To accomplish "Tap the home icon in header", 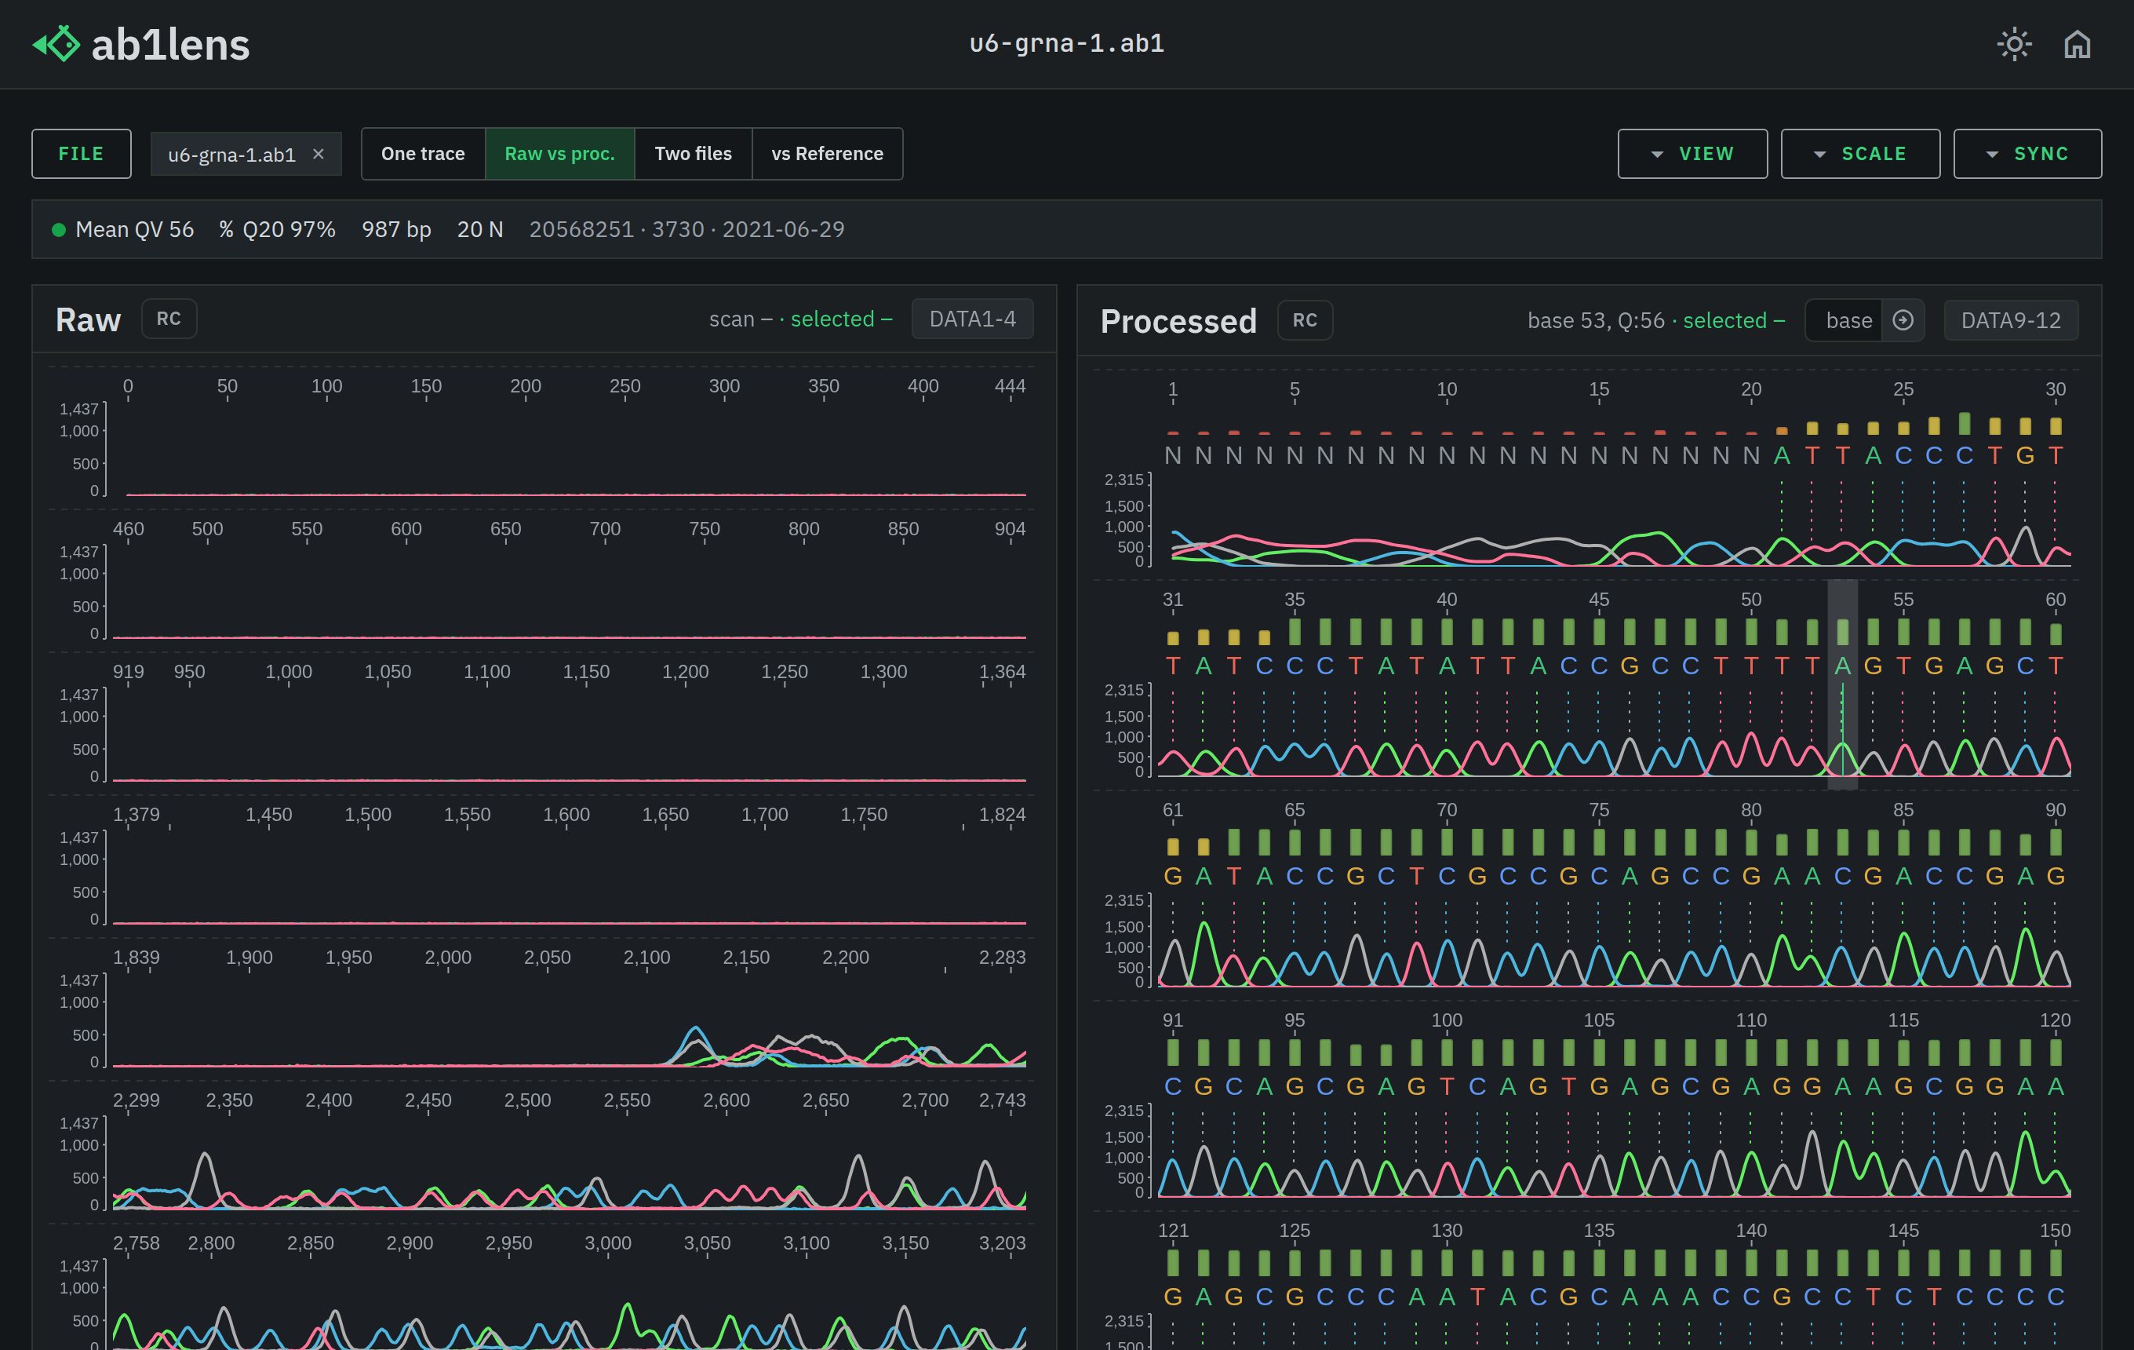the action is (2078, 43).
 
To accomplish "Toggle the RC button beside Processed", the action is (1305, 320).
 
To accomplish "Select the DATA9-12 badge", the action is (2011, 320).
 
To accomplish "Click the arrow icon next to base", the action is (1903, 320).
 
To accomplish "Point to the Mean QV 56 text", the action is (135, 230).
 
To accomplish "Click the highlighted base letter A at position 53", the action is (1842, 666).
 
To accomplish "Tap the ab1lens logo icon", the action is (56, 43).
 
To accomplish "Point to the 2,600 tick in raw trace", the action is (726, 1100).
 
